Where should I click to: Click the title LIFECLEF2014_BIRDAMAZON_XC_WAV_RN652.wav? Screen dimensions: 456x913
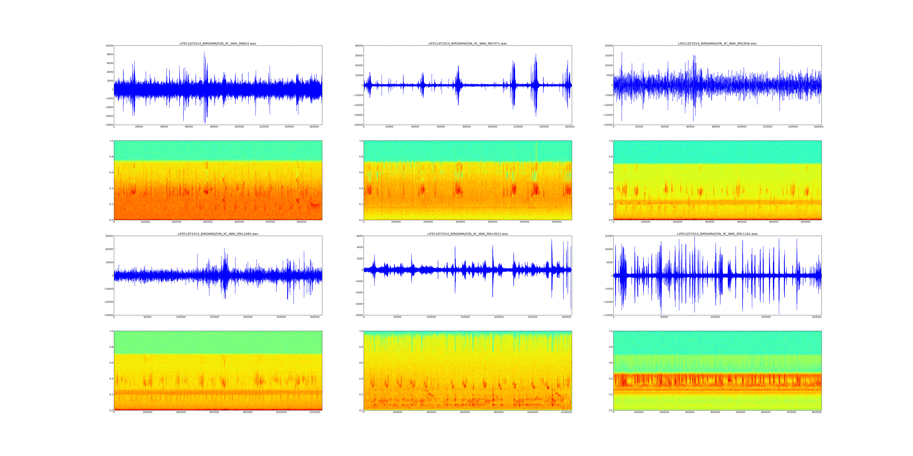click(218, 43)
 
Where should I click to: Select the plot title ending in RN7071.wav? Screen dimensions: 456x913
click(467, 43)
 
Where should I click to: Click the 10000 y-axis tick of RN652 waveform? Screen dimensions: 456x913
click(109, 46)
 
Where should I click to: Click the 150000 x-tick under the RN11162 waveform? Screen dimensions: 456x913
click(766, 317)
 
